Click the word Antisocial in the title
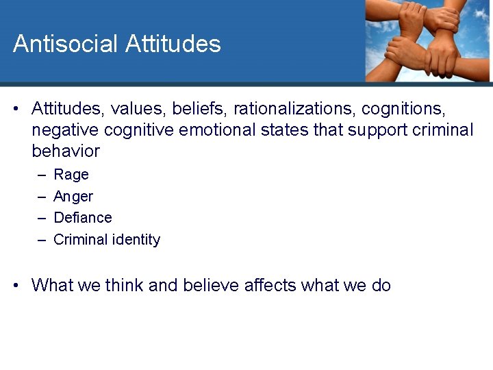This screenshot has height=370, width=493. pos(66,44)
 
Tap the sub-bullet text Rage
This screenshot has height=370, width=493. pos(71,175)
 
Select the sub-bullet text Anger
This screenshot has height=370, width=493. pos(73,197)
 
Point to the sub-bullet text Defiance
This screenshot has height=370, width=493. pos(83,218)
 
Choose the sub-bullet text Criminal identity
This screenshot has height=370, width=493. pos(107,240)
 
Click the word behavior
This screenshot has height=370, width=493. pos(66,151)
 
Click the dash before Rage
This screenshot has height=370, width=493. pos(41,175)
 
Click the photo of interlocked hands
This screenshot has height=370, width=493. pos(427,40)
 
